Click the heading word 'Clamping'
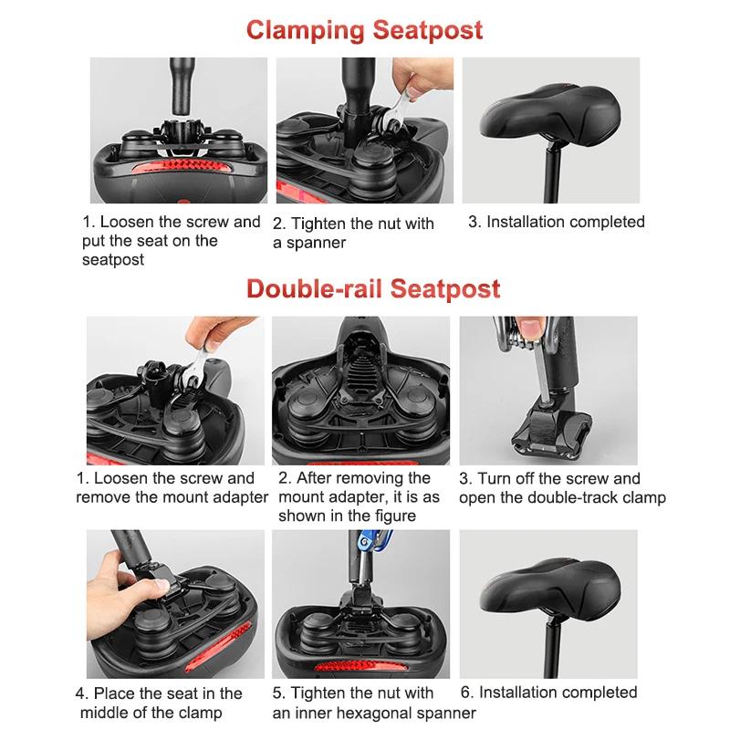305,32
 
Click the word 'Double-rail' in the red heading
314,288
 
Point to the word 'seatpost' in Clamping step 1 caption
113,260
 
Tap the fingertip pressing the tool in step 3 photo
531,328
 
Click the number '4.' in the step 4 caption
82,693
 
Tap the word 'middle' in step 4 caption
104,713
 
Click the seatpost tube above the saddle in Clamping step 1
182,86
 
